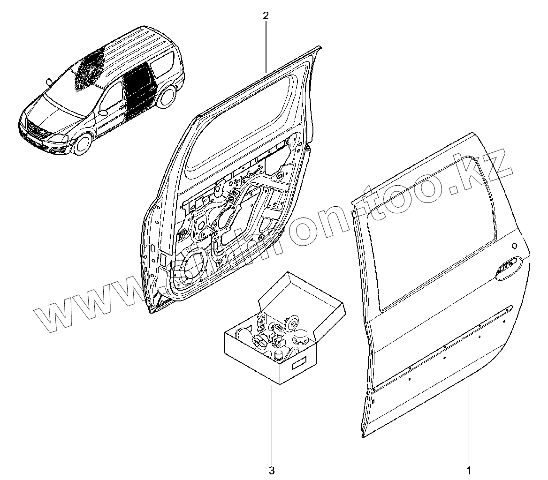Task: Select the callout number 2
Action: pyautogui.click(x=266, y=16)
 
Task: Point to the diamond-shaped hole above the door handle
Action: pyautogui.click(x=515, y=244)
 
